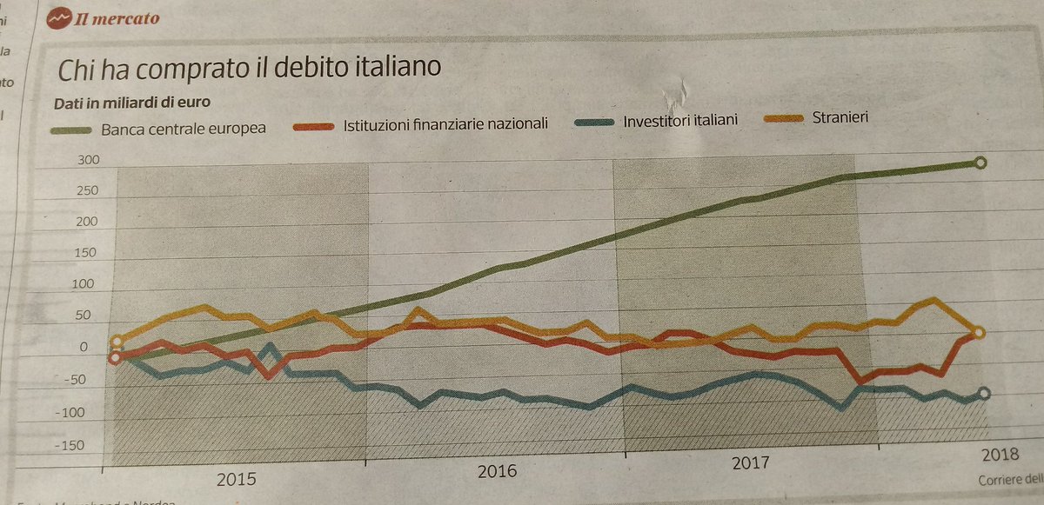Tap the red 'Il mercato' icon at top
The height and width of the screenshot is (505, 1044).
[60, 17]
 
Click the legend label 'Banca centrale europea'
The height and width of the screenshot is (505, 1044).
[183, 129]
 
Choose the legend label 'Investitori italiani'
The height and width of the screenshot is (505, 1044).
[680, 120]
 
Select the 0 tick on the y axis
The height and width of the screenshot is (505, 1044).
[84, 348]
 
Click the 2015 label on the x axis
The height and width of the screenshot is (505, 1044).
[235, 479]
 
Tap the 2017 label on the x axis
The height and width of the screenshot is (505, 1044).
[750, 463]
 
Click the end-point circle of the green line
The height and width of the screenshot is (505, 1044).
[980, 163]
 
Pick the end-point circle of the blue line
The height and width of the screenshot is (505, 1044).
[984, 394]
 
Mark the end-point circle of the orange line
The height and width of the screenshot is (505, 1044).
[979, 333]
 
